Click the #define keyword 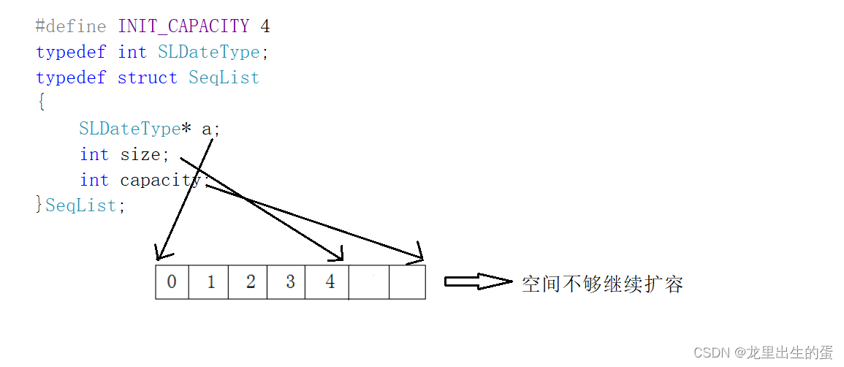[71, 26]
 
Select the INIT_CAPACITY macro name [183, 26]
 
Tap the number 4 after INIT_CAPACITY [265, 26]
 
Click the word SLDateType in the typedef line [208, 52]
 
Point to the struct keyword [147, 77]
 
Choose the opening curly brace [41, 103]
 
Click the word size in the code [140, 154]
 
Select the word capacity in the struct [160, 180]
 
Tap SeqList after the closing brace [80, 205]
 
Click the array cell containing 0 [172, 282]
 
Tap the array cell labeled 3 [290, 282]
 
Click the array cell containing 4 [330, 282]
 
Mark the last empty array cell [407, 282]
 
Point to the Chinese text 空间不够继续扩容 [602, 284]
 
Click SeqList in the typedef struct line [224, 77]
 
